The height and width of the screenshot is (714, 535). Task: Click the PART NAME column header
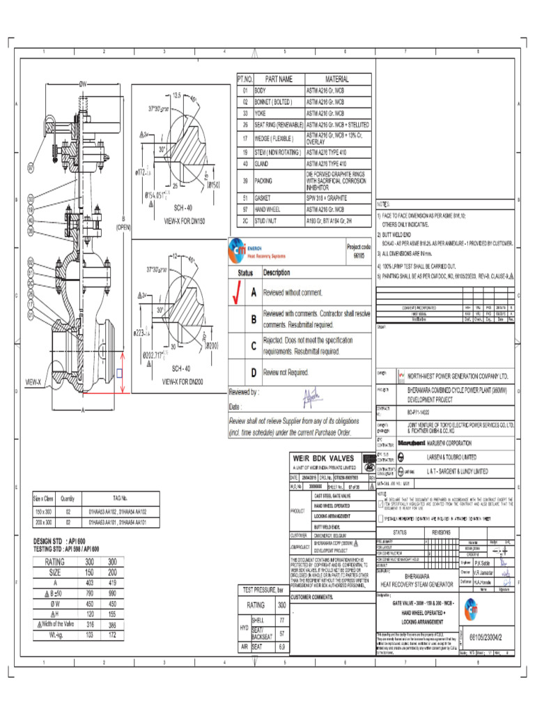pyautogui.click(x=277, y=79)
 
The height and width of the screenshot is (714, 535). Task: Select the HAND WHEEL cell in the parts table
pyautogui.click(x=267, y=209)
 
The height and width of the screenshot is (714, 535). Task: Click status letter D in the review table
pyautogui.click(x=254, y=373)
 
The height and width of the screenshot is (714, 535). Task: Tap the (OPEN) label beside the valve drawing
pyautogui.click(x=124, y=227)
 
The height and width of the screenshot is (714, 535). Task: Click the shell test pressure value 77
pyautogui.click(x=282, y=619)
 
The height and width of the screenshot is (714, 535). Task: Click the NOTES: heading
pyautogui.click(x=384, y=204)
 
